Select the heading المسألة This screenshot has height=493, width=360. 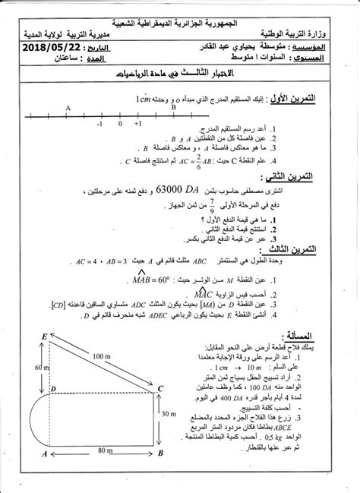point(322,332)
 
